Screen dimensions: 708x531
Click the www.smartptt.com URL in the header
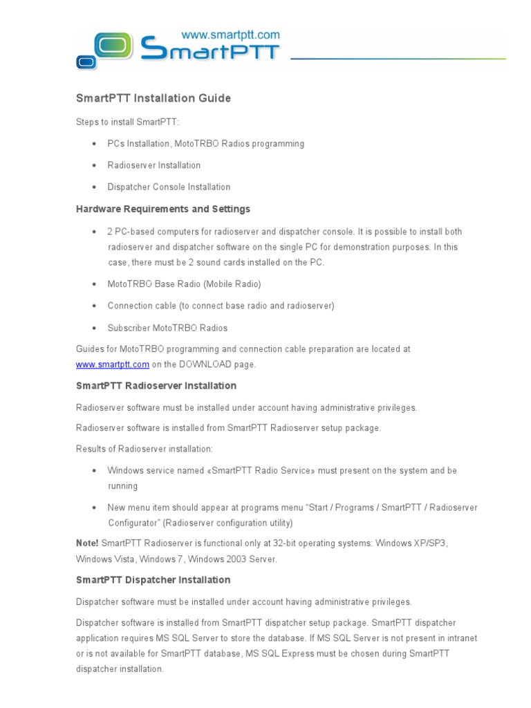click(230, 34)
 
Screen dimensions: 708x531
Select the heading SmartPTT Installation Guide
click(153, 98)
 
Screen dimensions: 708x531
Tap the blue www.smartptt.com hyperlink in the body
click(112, 364)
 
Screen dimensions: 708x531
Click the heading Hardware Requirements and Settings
click(162, 209)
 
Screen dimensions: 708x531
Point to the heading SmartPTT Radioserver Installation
click(156, 386)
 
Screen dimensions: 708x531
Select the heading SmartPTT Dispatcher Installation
click(153, 580)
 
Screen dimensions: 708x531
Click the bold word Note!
click(87, 543)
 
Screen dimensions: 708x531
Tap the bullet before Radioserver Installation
click(93, 166)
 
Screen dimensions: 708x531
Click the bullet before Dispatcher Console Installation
click(93, 187)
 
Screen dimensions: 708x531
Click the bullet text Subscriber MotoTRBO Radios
click(167, 328)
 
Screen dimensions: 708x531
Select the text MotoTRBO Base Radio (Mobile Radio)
click(184, 284)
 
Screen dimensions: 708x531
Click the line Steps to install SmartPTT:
click(127, 122)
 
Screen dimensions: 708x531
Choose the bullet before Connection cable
click(93, 306)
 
